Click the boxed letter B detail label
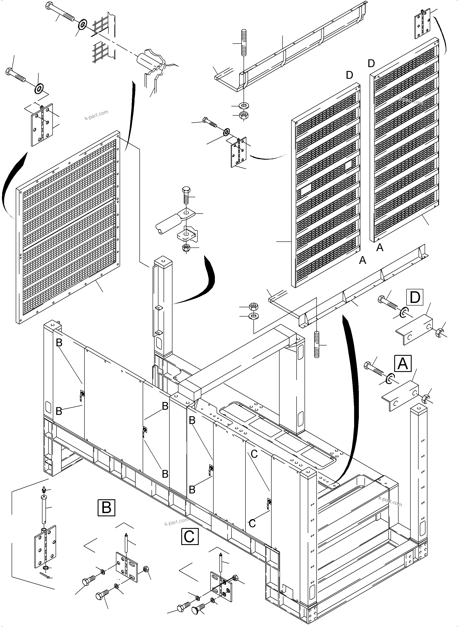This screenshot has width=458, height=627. (106, 508)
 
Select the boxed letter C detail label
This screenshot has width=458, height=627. (190, 536)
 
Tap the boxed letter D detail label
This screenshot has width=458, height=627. (414, 297)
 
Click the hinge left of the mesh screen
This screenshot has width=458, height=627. (42, 125)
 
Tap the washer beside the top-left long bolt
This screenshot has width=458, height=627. (83, 24)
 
